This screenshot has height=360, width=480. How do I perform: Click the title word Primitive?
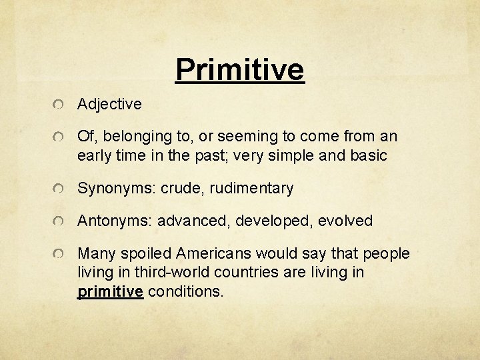[x=239, y=69]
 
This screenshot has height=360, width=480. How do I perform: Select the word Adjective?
[x=109, y=104]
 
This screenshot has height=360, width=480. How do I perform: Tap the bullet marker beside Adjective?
[x=60, y=105]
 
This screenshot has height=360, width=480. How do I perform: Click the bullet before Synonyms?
[x=60, y=190]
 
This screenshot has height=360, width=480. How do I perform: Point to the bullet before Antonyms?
[x=60, y=222]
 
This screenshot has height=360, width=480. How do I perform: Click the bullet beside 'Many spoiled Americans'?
[x=60, y=255]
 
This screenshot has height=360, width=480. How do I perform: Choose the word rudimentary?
[x=251, y=189]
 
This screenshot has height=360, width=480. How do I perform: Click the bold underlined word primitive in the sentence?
[x=111, y=291]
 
